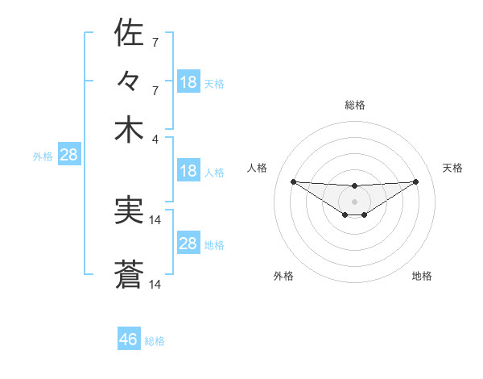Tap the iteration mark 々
(129, 82)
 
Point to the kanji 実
(129, 211)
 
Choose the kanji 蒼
(129, 276)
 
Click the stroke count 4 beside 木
(155, 138)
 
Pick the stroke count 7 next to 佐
(155, 42)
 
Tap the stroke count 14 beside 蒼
(156, 285)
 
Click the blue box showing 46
(129, 339)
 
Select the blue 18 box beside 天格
(188, 82)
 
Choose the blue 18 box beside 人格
(188, 171)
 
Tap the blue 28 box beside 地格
(188, 244)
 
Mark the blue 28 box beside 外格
(68, 156)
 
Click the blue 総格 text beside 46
(155, 341)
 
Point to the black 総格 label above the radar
(355, 105)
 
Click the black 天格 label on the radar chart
(453, 168)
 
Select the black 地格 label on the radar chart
(422, 277)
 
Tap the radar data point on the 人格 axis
(293, 181)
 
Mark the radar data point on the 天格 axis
(415, 181)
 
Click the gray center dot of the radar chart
(354, 201)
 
